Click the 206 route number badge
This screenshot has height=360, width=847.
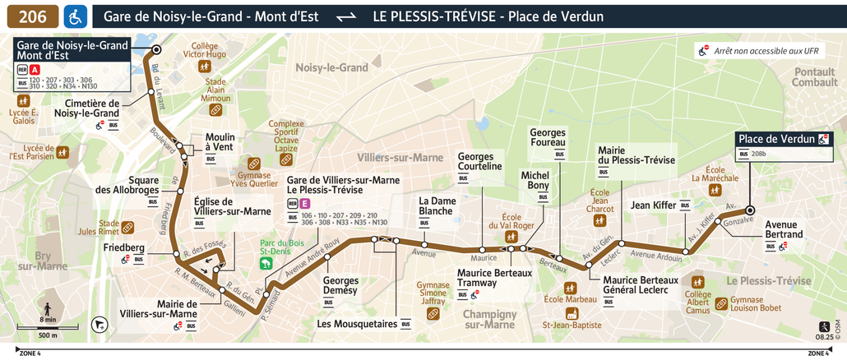tap(33, 16)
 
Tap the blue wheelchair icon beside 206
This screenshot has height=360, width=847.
tap(76, 16)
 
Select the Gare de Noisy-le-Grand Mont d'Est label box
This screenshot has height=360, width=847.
tap(72, 50)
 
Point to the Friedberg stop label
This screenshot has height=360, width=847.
tap(124, 247)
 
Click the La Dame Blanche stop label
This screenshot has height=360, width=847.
tap(436, 205)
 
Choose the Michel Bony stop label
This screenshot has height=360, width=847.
tap(535, 181)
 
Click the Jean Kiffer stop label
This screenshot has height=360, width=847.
tap(652, 205)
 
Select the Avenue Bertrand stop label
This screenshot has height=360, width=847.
tap(784, 229)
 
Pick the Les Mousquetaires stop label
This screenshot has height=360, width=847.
tap(357, 324)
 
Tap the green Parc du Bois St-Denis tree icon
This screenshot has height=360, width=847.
tap(267, 264)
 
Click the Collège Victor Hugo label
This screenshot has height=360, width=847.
tap(204, 50)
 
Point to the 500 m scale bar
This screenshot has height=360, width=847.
tap(48, 329)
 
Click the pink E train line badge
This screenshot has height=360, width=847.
tap(305, 203)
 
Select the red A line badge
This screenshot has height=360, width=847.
tap(35, 70)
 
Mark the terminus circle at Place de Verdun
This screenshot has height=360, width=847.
tap(750, 210)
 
